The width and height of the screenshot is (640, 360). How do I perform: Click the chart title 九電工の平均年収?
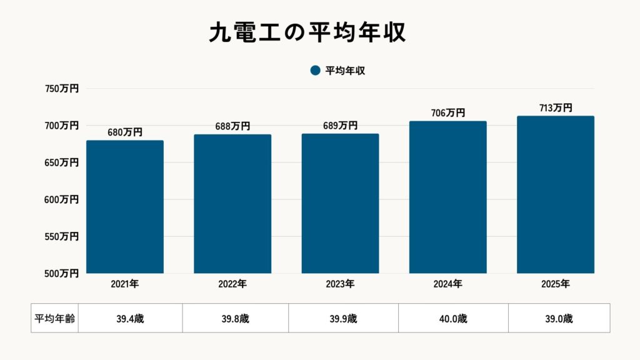coord(307,33)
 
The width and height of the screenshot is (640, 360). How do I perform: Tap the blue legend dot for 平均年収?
coord(315,71)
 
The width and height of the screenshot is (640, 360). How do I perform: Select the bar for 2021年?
coord(125,207)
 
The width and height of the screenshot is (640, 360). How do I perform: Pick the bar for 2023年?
coord(340,204)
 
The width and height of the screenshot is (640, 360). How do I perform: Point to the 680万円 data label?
coord(126,132)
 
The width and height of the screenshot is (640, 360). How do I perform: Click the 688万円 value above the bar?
coord(233,126)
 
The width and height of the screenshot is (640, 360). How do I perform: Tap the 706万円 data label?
coord(448,113)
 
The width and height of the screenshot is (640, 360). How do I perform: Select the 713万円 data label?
coord(556,107)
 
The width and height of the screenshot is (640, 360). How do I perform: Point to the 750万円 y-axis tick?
coord(61,89)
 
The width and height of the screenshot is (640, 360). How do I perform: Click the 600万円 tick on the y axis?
coord(61,199)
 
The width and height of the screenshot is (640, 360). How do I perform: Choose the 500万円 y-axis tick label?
coord(61,273)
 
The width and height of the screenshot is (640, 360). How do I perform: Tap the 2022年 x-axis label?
coord(232,284)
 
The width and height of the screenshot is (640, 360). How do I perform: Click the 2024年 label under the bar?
coord(447,284)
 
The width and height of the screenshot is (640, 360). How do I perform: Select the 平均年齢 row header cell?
coord(54,318)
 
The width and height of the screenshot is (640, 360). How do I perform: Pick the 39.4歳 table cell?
coord(130,318)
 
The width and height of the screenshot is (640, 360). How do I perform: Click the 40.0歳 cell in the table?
coord(453,318)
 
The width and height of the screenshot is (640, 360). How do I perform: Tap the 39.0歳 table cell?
coord(559,318)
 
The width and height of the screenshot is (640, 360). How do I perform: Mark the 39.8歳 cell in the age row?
coord(235,318)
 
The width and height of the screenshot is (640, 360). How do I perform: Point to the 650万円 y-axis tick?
coord(61,162)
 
